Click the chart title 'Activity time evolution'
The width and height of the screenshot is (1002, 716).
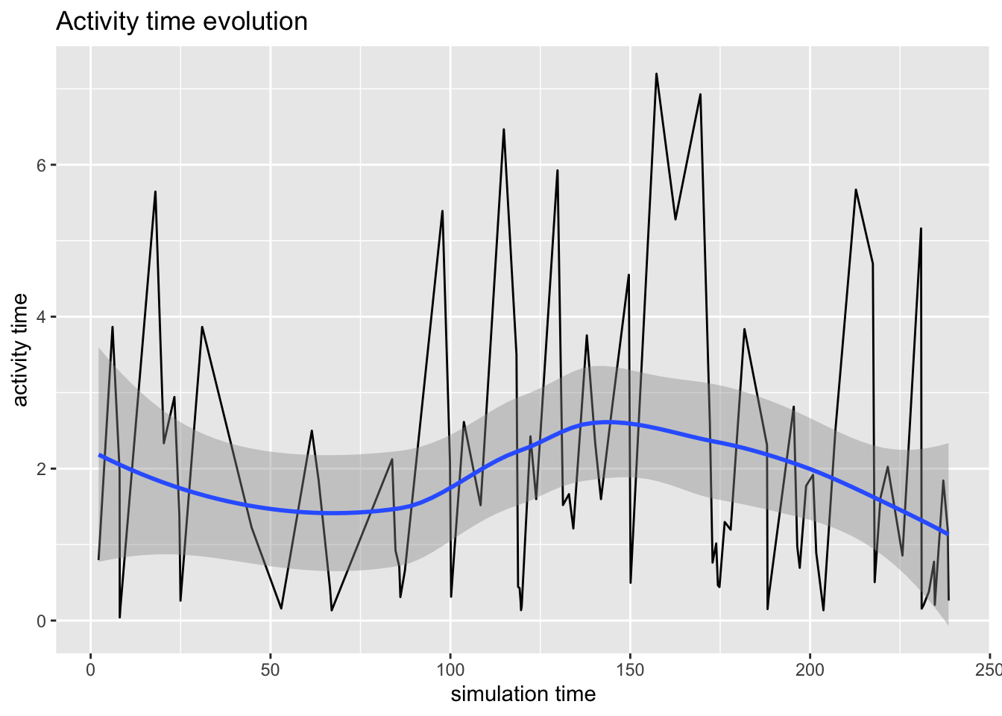point(181,22)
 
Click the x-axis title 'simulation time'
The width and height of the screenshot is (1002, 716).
point(523,694)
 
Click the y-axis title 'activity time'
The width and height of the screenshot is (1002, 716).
point(21,350)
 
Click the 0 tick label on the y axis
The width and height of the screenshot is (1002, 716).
point(41,621)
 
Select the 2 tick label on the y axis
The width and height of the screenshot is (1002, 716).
point(41,468)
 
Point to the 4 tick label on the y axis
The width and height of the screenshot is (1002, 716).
point(41,316)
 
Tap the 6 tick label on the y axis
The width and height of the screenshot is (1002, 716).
point(41,165)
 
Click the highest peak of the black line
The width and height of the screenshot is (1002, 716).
point(656,74)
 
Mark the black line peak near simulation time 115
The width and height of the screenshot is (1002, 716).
point(504,129)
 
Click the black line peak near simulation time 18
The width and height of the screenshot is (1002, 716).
point(155,192)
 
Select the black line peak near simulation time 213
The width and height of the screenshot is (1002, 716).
point(856,189)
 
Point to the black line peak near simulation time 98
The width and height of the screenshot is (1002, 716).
point(443,211)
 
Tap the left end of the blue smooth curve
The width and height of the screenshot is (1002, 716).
point(98,455)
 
